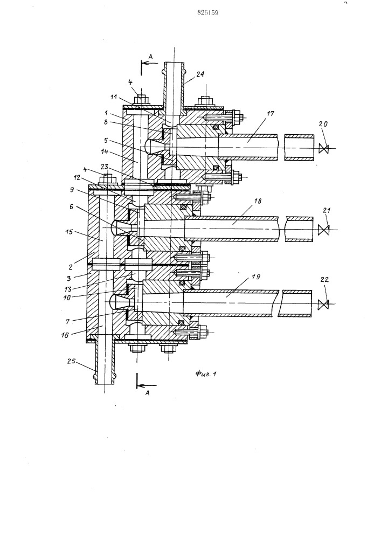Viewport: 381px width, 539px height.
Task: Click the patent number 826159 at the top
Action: point(208,13)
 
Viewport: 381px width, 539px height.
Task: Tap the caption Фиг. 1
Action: point(206,374)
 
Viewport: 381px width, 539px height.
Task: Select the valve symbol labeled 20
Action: point(324,149)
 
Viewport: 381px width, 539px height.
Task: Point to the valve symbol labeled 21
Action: point(324,230)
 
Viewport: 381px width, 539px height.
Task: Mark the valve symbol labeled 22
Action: point(324,305)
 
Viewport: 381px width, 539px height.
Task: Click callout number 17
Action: point(271,113)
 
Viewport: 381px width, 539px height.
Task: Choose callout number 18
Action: point(257,201)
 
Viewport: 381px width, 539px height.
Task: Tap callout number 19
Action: point(257,277)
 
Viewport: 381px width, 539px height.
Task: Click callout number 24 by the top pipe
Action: point(200,74)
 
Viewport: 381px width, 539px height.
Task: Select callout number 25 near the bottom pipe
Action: point(71,362)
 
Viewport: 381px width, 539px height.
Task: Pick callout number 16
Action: point(65,335)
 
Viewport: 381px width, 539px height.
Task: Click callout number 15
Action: point(69,232)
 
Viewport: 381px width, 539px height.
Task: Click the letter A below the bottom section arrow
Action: point(148,393)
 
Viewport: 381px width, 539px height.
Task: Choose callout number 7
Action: point(67,322)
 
